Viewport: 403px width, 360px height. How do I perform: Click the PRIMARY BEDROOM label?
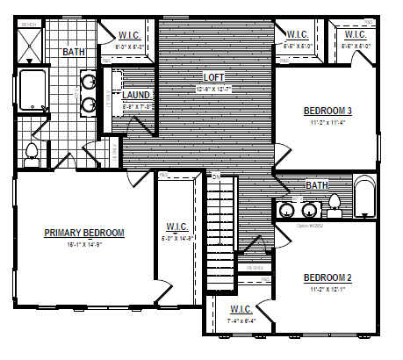84,233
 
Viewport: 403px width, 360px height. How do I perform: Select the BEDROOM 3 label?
327,112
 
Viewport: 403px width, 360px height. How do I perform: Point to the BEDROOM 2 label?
327,278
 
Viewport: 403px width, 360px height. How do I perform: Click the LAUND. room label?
137,94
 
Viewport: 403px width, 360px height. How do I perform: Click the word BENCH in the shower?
28,25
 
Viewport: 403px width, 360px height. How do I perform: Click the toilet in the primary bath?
32,154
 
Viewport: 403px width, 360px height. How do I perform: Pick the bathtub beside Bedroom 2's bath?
363,198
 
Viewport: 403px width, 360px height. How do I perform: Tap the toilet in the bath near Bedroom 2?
334,205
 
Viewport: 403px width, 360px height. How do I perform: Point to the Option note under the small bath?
310,225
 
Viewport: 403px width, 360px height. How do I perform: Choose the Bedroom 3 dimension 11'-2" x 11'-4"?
327,123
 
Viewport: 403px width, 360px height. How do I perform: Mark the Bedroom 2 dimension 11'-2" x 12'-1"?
327,290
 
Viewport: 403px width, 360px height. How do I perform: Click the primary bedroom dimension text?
84,245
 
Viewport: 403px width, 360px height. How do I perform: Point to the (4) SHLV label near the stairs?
256,267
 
